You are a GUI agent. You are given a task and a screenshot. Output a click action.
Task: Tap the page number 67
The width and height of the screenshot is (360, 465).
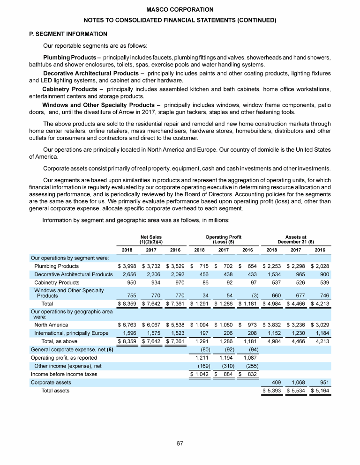coord(180,443)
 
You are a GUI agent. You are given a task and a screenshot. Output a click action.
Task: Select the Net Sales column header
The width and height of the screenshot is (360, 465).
coord(151,240)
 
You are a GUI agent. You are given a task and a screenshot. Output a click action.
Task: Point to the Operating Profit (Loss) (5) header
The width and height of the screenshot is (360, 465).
coord(223,240)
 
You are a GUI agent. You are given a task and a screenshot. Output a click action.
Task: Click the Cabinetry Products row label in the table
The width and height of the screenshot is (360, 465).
coord(57,283)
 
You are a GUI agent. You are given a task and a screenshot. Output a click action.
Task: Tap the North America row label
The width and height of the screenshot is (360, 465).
coord(51,325)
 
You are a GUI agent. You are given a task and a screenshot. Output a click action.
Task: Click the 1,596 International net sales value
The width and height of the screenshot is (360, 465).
coord(128,333)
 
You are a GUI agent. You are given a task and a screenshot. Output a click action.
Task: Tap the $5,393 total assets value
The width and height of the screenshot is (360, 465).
coord(272,391)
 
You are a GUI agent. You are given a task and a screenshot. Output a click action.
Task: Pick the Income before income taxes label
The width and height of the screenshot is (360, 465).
coord(64,375)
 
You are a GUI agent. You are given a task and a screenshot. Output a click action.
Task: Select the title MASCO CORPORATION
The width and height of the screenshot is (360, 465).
coord(180,9)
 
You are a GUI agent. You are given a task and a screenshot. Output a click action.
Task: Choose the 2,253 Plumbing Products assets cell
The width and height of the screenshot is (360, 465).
coord(272,266)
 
